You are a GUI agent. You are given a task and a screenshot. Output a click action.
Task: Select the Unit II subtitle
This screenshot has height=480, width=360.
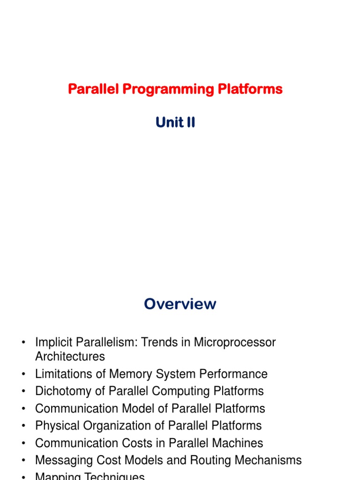pos(175,123)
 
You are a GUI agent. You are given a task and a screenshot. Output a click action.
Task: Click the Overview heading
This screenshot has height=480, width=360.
pos(180,304)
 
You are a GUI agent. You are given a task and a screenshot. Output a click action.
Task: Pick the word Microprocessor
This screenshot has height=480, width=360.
pos(235,343)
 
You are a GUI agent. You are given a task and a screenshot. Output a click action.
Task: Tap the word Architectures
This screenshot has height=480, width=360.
pos(70,357)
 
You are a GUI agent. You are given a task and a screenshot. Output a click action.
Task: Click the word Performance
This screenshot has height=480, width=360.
pos(233,374)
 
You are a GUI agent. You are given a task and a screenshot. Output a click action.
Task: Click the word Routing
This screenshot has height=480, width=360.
pos(209,460)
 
